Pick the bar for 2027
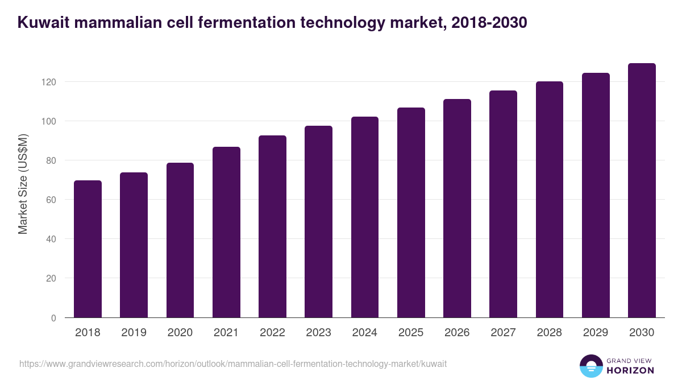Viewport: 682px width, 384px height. tap(503, 204)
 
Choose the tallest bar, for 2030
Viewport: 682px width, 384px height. tap(642, 191)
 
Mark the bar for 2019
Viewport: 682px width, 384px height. tap(134, 245)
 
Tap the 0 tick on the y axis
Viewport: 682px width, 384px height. tap(53, 318)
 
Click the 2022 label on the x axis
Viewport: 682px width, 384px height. tap(272, 333)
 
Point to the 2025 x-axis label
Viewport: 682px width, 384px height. tap(411, 333)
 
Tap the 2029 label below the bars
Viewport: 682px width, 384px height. tap(596, 333)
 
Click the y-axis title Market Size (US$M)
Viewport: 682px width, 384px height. tap(23, 184)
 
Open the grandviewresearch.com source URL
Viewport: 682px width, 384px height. tap(233, 364)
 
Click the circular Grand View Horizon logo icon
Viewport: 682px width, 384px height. tap(590, 366)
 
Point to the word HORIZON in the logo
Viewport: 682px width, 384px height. tap(630, 370)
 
